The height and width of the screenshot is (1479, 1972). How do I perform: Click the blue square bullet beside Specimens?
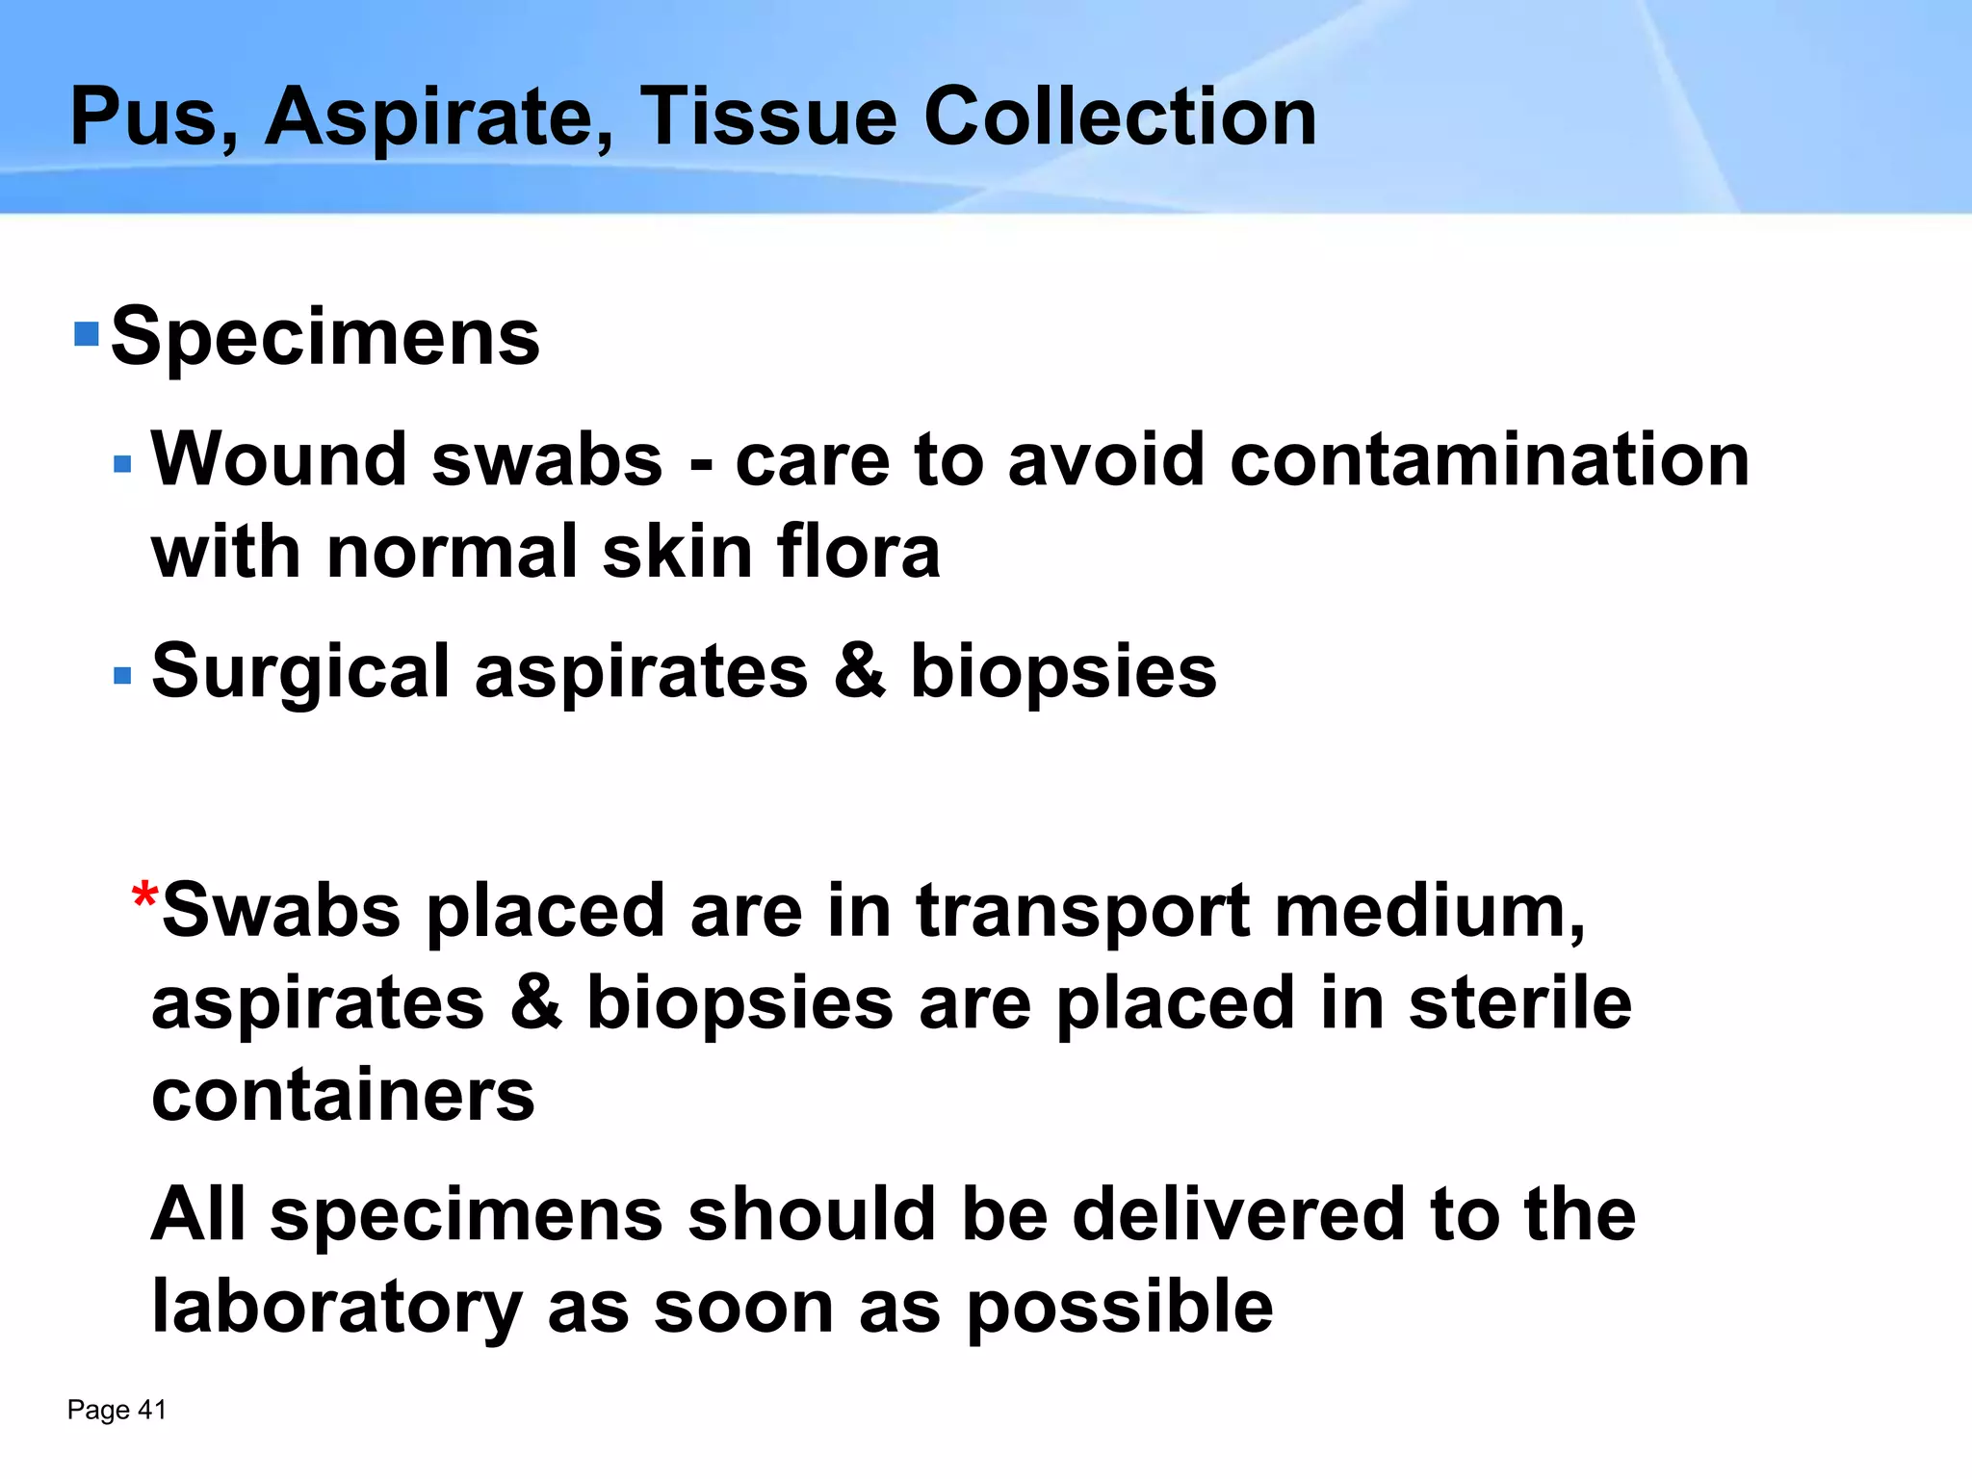(87, 334)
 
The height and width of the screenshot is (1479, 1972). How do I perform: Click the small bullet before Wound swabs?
(122, 465)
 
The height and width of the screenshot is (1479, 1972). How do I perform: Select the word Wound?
(279, 459)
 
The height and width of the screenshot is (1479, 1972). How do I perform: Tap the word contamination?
(1490, 459)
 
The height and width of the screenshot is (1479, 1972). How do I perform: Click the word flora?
(858, 553)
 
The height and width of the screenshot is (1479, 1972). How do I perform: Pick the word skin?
(677, 553)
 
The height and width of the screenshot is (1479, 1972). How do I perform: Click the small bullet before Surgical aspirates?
(122, 676)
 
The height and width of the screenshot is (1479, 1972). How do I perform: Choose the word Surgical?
(300, 672)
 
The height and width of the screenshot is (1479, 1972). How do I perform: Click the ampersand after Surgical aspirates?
(860, 672)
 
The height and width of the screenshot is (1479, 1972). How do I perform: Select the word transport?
(1082, 911)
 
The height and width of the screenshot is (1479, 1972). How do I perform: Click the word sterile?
(1520, 1003)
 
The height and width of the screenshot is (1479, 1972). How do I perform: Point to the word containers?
(343, 1096)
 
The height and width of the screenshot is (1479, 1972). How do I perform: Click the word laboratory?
(337, 1307)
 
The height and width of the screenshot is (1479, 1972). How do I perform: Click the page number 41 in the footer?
(152, 1410)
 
